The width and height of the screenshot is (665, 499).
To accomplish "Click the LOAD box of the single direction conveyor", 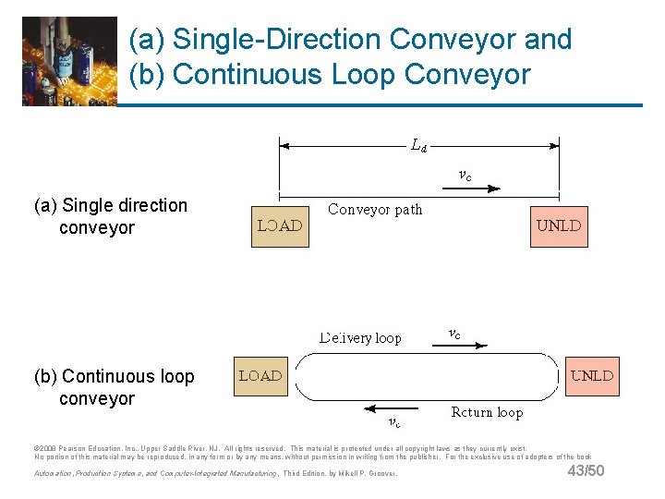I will click(x=281, y=226).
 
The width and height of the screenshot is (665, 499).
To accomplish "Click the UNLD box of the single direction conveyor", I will click(x=559, y=226).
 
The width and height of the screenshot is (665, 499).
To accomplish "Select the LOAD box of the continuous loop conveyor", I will click(x=261, y=376).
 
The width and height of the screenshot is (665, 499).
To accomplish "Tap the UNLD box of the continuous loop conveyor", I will click(x=592, y=376).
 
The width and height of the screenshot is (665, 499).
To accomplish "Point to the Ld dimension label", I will click(x=418, y=144).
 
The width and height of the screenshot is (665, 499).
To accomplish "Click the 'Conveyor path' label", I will click(x=375, y=210).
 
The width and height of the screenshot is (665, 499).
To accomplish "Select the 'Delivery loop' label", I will click(x=360, y=338).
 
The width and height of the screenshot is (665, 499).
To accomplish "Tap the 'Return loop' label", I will click(x=486, y=412).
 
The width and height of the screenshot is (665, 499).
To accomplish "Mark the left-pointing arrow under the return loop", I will click(x=393, y=408).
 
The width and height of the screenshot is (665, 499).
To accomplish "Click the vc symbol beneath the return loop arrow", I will click(x=393, y=423).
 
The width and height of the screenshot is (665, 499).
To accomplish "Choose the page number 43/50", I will click(x=586, y=471).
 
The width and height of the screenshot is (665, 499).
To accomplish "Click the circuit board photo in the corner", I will click(x=69, y=61).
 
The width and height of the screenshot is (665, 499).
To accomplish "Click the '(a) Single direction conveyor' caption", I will click(x=110, y=216).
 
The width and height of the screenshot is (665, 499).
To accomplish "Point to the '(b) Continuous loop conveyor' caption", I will click(x=114, y=387).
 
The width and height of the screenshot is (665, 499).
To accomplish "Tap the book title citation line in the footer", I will click(x=215, y=473).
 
